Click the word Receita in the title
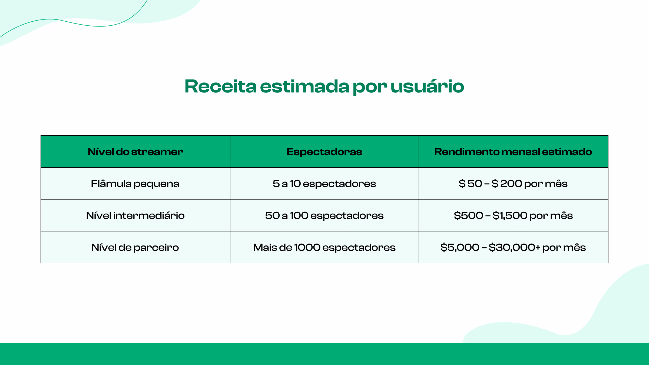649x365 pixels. click(x=220, y=87)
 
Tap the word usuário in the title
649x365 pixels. click(x=427, y=87)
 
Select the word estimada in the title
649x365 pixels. click(x=304, y=87)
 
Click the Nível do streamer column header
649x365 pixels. click(x=135, y=152)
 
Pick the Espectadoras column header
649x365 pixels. click(x=324, y=152)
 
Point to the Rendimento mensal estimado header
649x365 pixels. click(x=513, y=152)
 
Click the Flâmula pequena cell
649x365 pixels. click(x=135, y=184)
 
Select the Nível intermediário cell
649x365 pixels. click(x=135, y=215)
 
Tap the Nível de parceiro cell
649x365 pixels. click(x=135, y=247)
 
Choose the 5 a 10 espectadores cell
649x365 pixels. click(x=324, y=184)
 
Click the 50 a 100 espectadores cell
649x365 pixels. click(x=324, y=215)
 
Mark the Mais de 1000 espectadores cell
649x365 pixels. click(x=324, y=247)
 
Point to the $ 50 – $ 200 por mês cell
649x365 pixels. click(x=513, y=184)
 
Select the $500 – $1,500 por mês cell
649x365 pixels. click(x=513, y=215)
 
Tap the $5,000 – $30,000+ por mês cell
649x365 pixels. click(x=513, y=247)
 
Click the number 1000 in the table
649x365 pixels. click(x=307, y=247)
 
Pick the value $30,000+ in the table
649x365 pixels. click(x=514, y=247)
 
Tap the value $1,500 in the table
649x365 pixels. click(x=510, y=215)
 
